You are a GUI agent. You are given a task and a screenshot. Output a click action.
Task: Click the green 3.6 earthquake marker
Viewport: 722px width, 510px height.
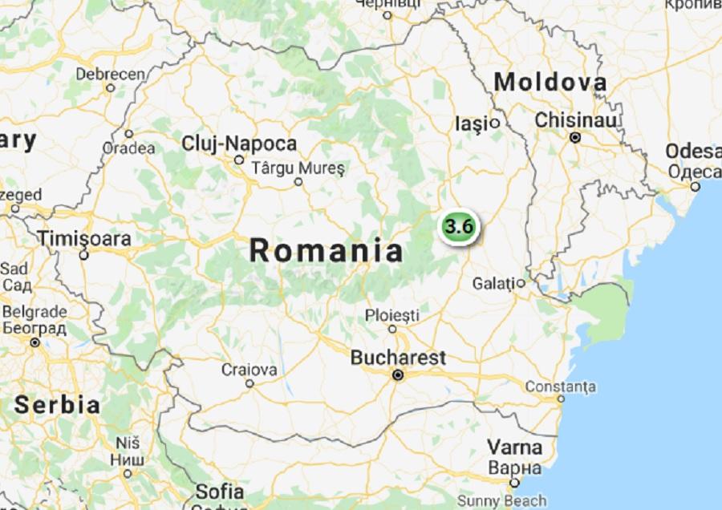click(458, 225)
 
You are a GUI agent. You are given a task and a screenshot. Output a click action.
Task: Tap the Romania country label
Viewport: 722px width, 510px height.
click(327, 250)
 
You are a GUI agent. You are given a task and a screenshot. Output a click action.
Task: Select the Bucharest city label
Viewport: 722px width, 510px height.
click(398, 358)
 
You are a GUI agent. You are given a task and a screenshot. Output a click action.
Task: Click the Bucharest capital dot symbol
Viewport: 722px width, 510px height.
click(397, 374)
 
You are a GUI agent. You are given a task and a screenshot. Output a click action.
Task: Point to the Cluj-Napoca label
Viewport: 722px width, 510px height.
click(240, 144)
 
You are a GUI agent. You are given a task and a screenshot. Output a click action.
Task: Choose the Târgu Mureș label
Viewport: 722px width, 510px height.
click(298, 168)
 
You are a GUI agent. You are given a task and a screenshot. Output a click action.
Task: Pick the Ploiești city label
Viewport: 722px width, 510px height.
click(392, 314)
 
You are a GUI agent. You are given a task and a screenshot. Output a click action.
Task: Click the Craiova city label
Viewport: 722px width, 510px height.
click(249, 370)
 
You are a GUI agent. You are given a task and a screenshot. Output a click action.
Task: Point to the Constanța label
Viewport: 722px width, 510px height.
click(561, 387)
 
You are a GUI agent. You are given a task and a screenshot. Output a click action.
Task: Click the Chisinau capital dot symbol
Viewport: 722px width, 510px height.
click(575, 137)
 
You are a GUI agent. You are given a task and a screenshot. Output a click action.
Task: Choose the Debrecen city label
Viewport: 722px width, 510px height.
click(111, 74)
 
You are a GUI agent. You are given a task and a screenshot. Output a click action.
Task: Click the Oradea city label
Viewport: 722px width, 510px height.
click(129, 148)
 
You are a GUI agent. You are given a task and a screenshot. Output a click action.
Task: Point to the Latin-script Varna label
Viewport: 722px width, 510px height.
click(516, 447)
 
